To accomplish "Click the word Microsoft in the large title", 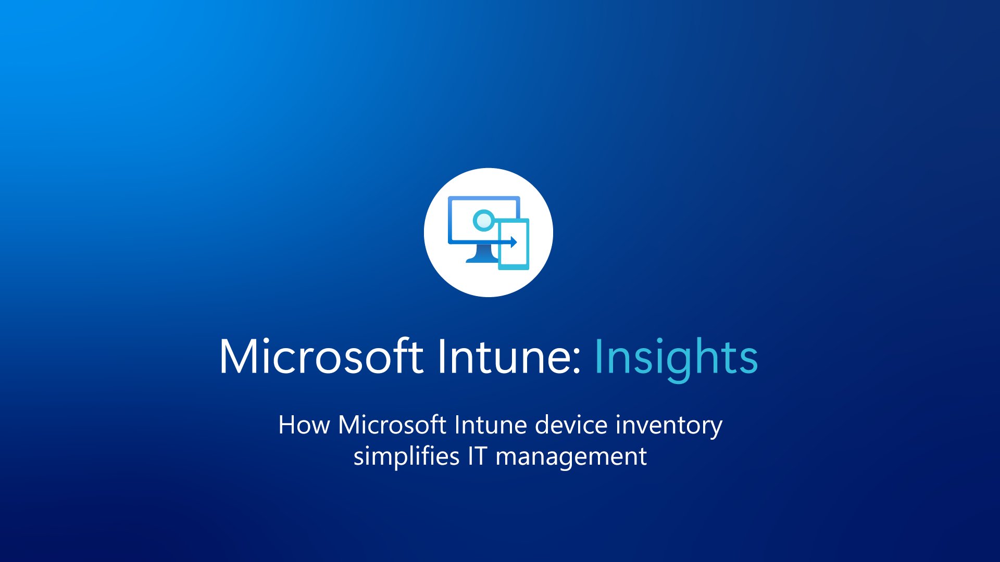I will (320, 357).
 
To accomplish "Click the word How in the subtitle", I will (304, 425).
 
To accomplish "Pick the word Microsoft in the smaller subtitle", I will (392, 425).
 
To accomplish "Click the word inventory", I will (669, 426).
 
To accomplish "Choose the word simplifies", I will (406, 457).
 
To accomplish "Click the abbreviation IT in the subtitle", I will (477, 456).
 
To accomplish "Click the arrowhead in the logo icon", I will (514, 242).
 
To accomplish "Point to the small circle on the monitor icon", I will (484, 220).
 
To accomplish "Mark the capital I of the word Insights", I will (599, 357).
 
